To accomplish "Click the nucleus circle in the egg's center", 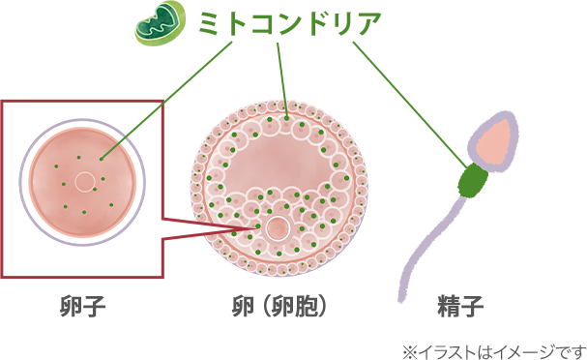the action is pos(84,181).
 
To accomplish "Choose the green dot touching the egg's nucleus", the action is pos(94,189).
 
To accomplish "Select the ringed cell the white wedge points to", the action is pos(277,228).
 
